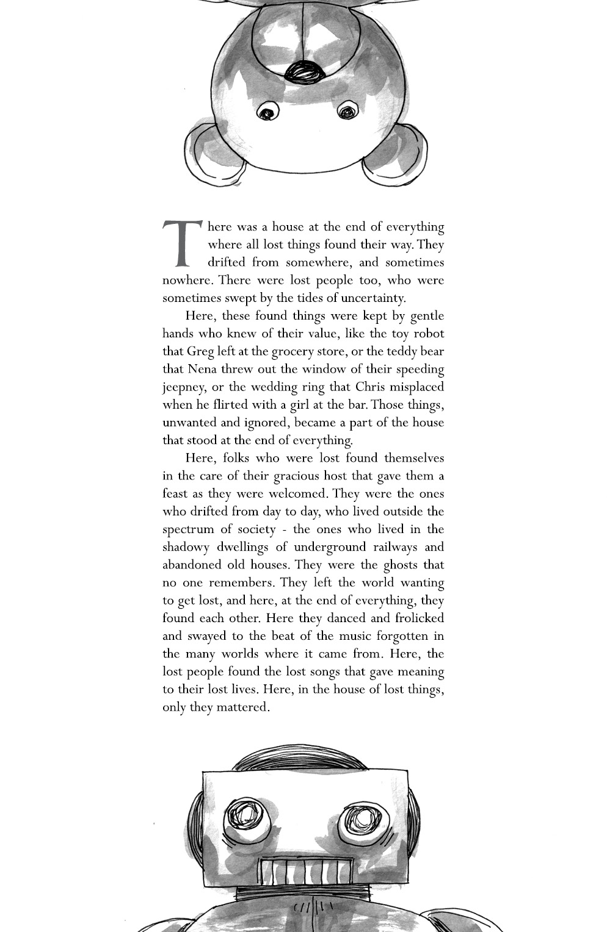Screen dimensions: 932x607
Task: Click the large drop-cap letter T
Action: pos(181,243)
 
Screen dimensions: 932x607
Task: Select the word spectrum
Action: pos(188,529)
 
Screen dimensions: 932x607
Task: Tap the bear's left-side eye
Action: pos(267,112)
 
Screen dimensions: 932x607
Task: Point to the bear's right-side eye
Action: pos(347,112)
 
